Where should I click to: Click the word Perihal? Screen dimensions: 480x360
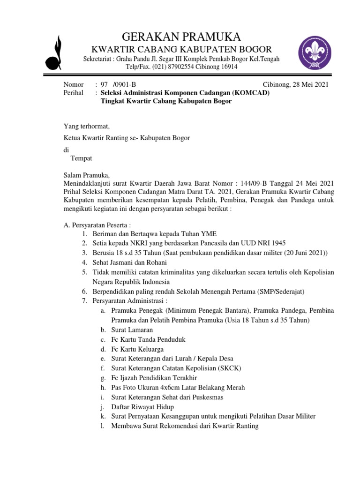click(73, 93)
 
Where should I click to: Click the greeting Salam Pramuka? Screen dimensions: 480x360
click(86, 175)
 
